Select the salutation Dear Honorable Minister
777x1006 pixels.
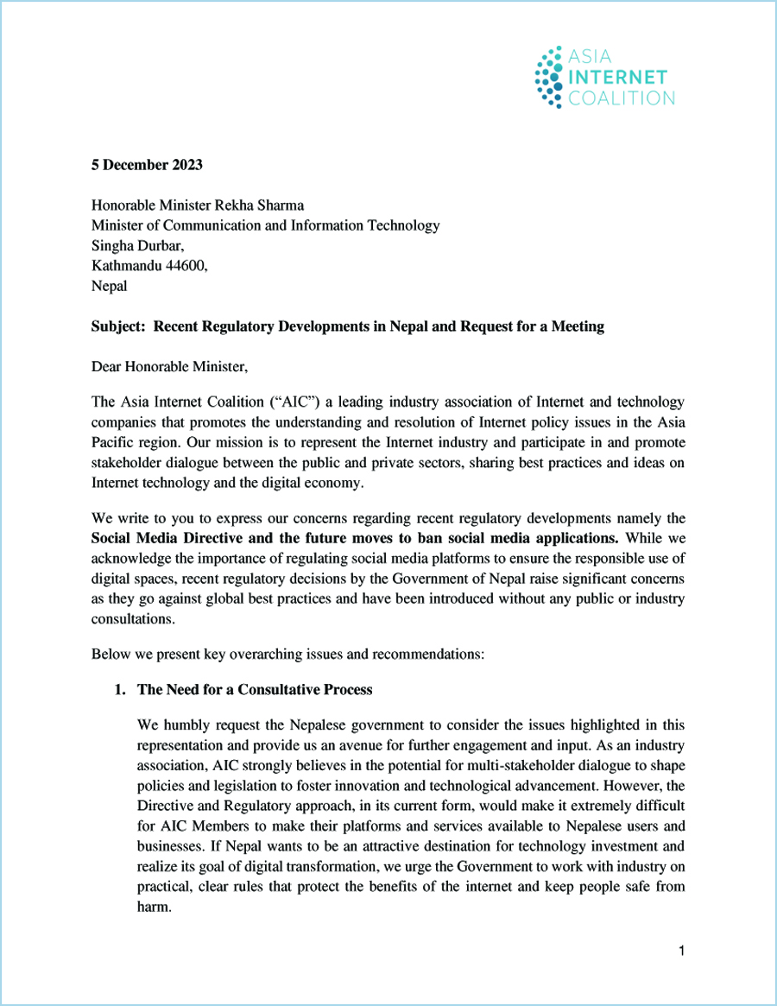pyautogui.click(x=169, y=367)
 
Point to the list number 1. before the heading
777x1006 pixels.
pyautogui.click(x=120, y=689)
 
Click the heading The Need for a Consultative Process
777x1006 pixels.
pyautogui.click(x=255, y=689)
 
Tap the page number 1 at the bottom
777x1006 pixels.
pyautogui.click(x=681, y=952)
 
